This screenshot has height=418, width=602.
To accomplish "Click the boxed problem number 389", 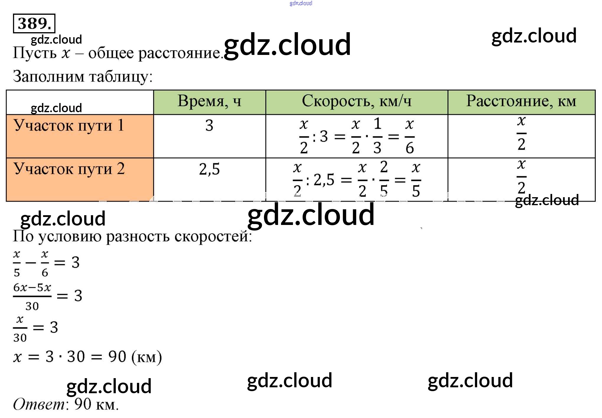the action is pyautogui.click(x=34, y=23).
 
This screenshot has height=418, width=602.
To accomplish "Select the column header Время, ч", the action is pyautogui.click(x=209, y=102).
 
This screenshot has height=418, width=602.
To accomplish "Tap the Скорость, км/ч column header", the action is pyautogui.click(x=356, y=102).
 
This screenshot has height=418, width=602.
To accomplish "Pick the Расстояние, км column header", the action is pyautogui.click(x=521, y=102).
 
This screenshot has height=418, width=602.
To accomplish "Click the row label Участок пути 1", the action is pyautogui.click(x=68, y=125).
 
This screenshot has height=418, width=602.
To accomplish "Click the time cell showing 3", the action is pyautogui.click(x=209, y=125).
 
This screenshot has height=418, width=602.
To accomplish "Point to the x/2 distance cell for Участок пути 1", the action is pyautogui.click(x=521, y=133).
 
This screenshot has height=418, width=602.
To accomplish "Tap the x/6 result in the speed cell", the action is pyautogui.click(x=410, y=136).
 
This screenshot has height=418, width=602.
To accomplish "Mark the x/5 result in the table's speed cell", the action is pyautogui.click(x=416, y=180).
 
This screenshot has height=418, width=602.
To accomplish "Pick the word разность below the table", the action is pyautogui.click(x=138, y=236).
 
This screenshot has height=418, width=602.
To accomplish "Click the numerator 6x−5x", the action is pyautogui.click(x=32, y=287).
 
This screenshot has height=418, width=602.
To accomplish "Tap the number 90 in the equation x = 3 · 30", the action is pyautogui.click(x=117, y=357).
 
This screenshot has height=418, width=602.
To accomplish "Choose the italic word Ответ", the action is pyautogui.click(x=39, y=404).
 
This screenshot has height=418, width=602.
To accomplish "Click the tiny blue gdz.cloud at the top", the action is pyautogui.click(x=301, y=3).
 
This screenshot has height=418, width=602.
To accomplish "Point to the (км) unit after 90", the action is pyautogui.click(x=147, y=357).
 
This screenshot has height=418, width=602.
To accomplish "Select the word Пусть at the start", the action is pyautogui.click(x=35, y=53).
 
